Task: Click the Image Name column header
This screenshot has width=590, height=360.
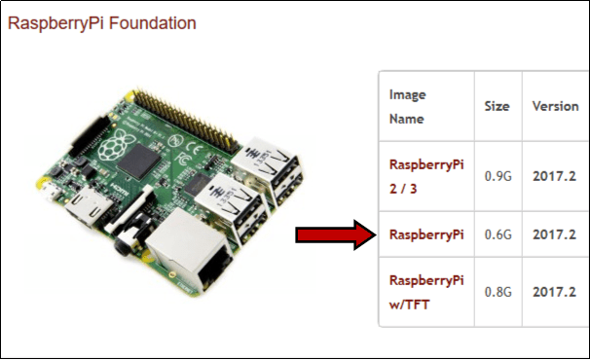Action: pos(408,106)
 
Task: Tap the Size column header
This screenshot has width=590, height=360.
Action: pos(497,106)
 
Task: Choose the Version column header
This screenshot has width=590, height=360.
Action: pos(555,106)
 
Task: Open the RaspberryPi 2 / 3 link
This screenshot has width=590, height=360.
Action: pos(425,174)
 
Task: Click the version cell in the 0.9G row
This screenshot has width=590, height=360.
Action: pos(554,176)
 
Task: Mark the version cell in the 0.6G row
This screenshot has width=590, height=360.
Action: pos(554,234)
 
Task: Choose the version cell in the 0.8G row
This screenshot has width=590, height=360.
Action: pos(554,291)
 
